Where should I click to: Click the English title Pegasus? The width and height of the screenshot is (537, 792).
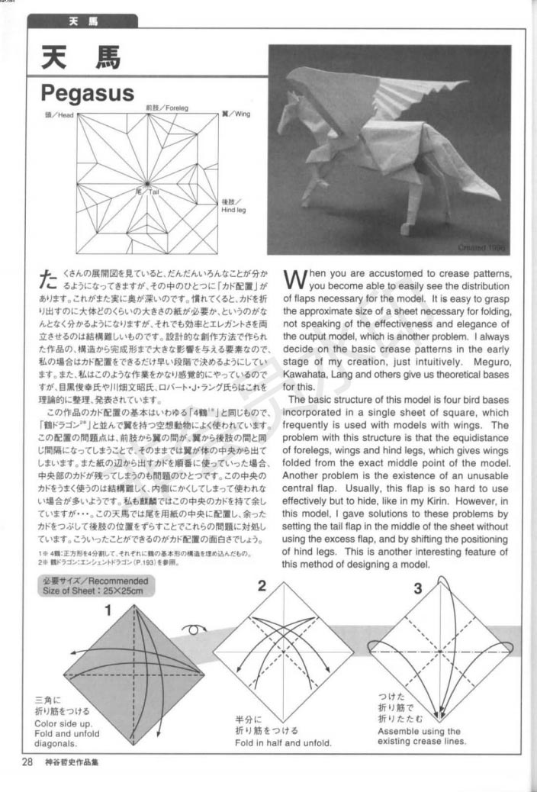coord(87,94)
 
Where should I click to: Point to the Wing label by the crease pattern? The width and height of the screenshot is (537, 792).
coord(236,114)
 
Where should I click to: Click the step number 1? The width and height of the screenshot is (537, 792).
coord(108,610)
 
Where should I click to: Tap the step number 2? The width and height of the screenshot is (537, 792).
coord(262,586)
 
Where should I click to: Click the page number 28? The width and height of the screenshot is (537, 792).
coord(27,761)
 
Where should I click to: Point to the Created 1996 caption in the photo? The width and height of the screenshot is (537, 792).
coord(481,247)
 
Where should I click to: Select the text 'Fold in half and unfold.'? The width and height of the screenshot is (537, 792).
coord(283,742)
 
